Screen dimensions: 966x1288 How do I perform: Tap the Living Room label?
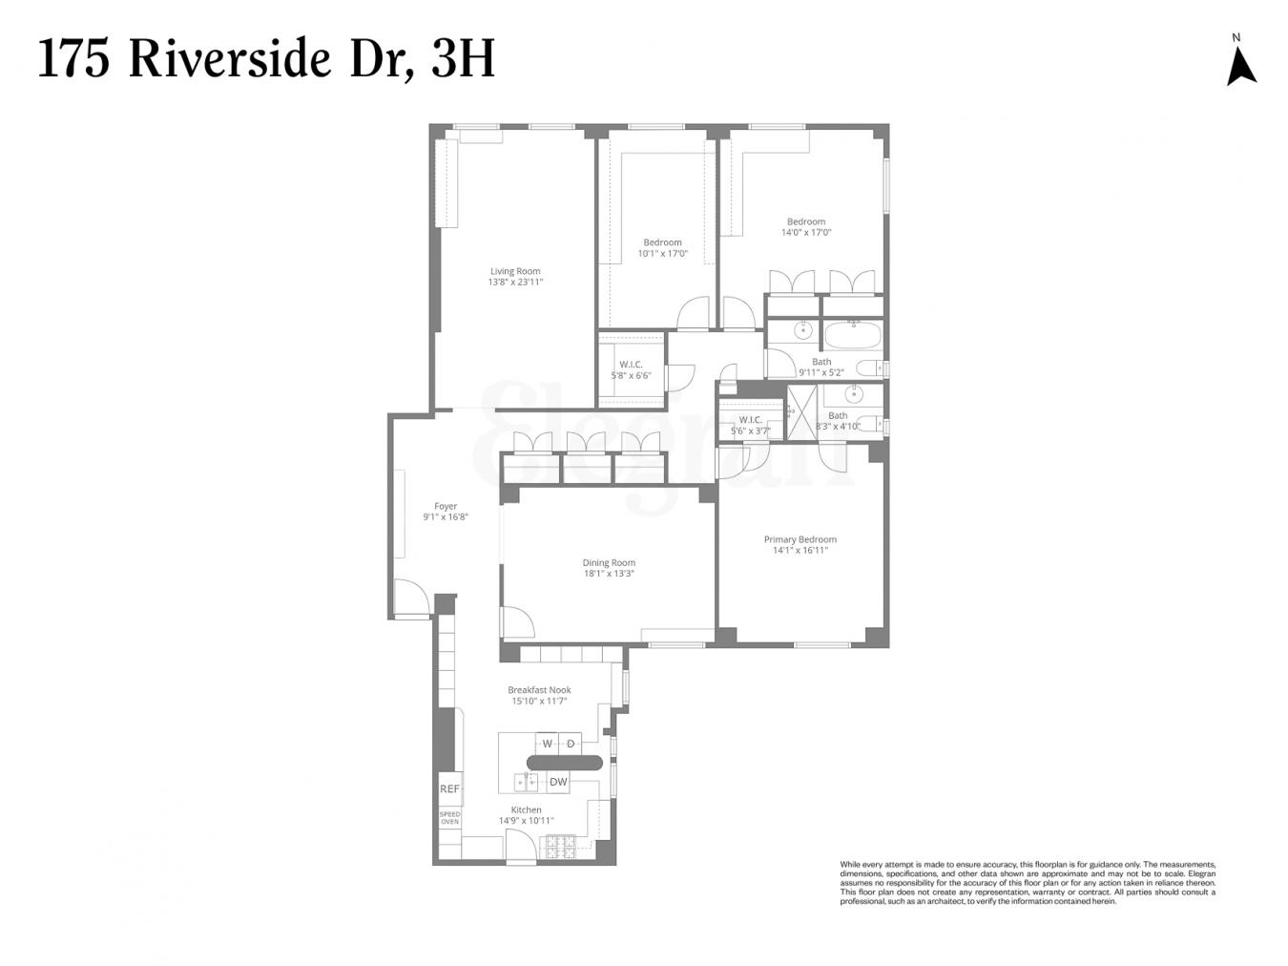click(515, 271)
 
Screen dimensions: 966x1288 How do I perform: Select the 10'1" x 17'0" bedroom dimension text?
click(662, 254)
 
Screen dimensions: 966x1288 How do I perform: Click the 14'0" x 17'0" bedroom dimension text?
click(806, 232)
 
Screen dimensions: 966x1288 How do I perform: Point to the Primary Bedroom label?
click(800, 539)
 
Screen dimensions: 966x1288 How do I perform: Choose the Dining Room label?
click(609, 563)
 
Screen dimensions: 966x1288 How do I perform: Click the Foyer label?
click(446, 507)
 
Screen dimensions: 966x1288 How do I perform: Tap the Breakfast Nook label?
click(539, 690)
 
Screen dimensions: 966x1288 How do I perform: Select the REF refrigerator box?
click(449, 789)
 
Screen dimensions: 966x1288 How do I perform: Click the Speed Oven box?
click(449, 818)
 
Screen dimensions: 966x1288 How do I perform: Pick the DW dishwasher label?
click(558, 782)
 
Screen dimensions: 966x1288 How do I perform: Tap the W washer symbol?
click(548, 744)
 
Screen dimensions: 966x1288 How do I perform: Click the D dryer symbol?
click(571, 744)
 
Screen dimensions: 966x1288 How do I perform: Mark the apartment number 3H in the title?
click(463, 59)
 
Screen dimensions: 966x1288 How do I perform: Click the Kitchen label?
click(526, 809)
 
